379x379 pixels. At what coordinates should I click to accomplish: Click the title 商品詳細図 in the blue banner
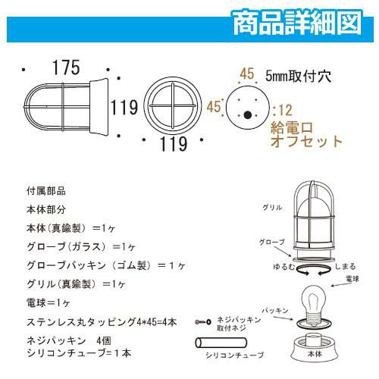point(297,23)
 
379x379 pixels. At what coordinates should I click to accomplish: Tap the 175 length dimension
point(66,67)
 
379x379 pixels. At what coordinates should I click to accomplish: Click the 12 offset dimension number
point(286,110)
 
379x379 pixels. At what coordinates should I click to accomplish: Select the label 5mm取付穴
point(298,76)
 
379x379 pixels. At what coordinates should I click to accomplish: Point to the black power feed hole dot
point(248,115)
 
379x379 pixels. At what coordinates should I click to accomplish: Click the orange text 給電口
point(292,128)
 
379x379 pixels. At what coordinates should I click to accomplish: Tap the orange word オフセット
point(306,141)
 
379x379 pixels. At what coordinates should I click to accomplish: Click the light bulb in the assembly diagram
point(314,306)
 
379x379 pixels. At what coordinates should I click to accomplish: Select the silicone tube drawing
point(221,343)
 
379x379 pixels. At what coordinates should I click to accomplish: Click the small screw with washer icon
point(203,322)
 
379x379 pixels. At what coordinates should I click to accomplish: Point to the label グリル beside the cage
point(272,208)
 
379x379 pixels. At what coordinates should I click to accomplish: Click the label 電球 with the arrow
point(352,279)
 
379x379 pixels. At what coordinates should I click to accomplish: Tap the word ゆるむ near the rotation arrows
point(284,267)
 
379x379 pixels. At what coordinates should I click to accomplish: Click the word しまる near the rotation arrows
point(345,267)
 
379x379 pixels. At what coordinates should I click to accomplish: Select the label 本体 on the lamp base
point(315,354)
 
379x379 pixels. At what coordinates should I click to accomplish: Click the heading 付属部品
point(46,191)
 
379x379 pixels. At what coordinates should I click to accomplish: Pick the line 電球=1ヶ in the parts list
point(48,302)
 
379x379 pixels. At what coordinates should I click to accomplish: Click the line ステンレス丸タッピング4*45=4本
point(102,322)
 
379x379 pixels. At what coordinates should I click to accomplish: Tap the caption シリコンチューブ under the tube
point(235,356)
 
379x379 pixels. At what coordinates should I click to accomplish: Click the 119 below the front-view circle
point(174,144)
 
